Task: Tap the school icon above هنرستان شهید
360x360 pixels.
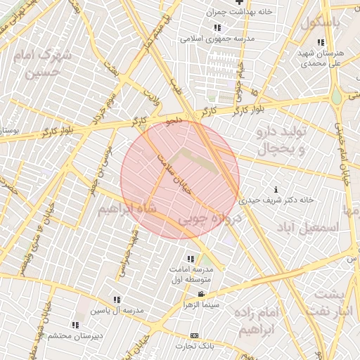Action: pos(321,41)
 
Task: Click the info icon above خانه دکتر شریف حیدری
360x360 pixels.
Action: pos(276,190)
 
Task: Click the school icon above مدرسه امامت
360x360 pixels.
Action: pos(191,259)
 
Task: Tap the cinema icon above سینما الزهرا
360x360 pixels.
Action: pos(202,294)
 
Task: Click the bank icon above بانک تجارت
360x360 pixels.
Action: pos(195,335)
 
